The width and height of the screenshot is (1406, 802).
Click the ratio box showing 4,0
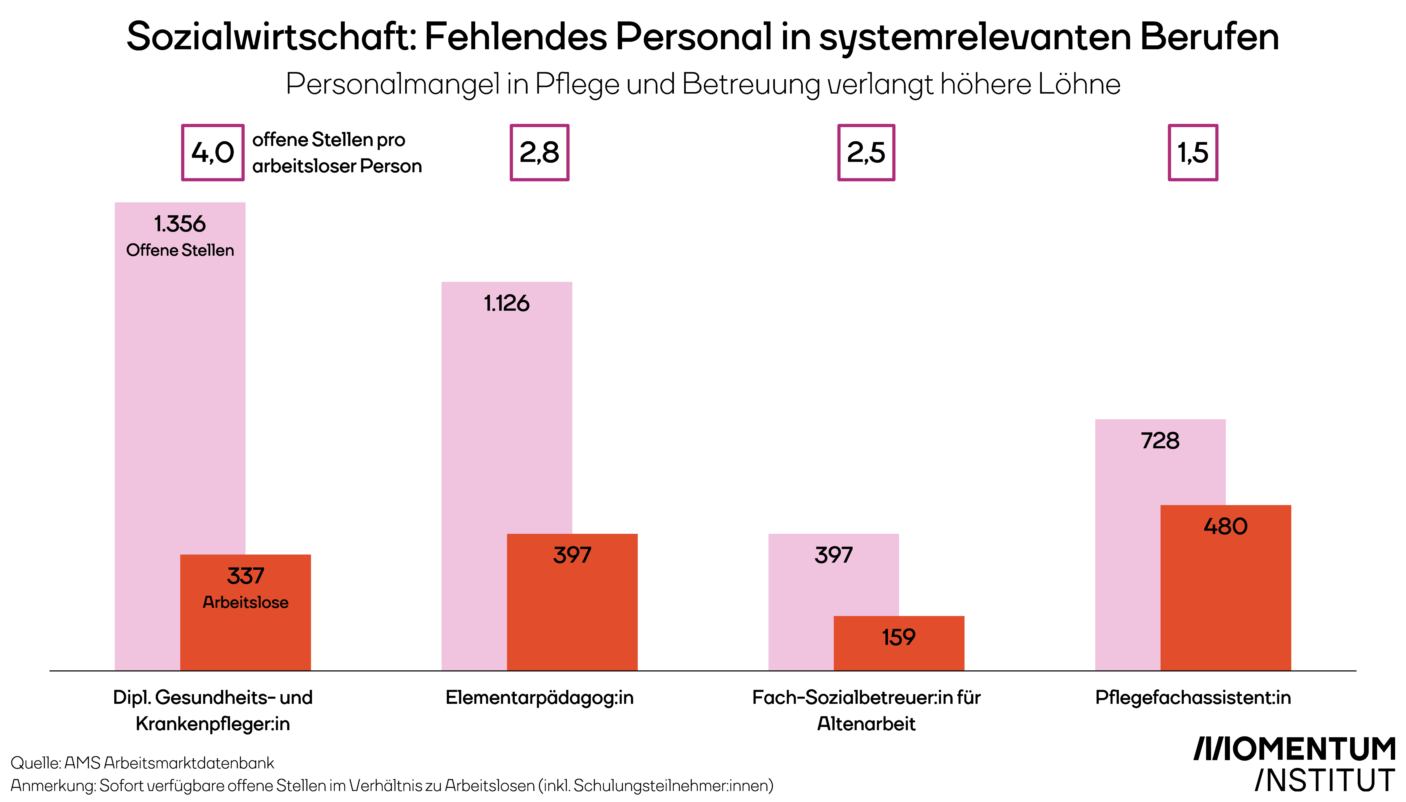click(213, 153)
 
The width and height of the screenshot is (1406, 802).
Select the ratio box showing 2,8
click(539, 153)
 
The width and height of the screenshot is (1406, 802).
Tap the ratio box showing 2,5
click(866, 153)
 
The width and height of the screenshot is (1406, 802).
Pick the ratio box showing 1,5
click(1193, 153)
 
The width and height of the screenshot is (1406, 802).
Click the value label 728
click(1160, 441)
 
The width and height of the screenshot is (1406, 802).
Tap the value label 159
click(898, 637)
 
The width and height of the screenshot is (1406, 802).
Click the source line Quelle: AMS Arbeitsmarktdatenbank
click(142, 763)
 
